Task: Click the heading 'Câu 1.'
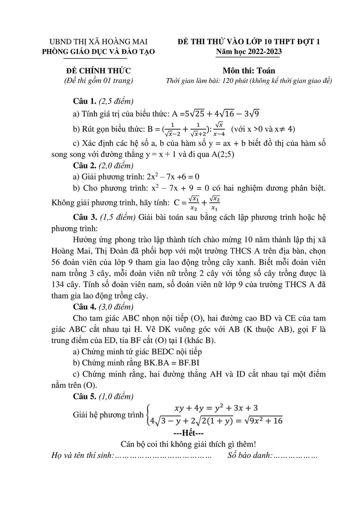point(85,101)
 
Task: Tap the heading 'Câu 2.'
point(85,166)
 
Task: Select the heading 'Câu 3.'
point(85,217)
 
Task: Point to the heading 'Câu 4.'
point(85,307)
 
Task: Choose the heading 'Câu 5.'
point(85,396)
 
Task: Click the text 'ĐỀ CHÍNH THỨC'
point(98,71)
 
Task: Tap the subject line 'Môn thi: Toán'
point(249,71)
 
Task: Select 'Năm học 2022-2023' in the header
point(249,52)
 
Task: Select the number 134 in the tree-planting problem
point(58,284)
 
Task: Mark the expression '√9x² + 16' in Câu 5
point(263,421)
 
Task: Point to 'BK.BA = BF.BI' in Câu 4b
point(172,363)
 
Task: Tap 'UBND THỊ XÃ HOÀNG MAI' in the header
point(98,42)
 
